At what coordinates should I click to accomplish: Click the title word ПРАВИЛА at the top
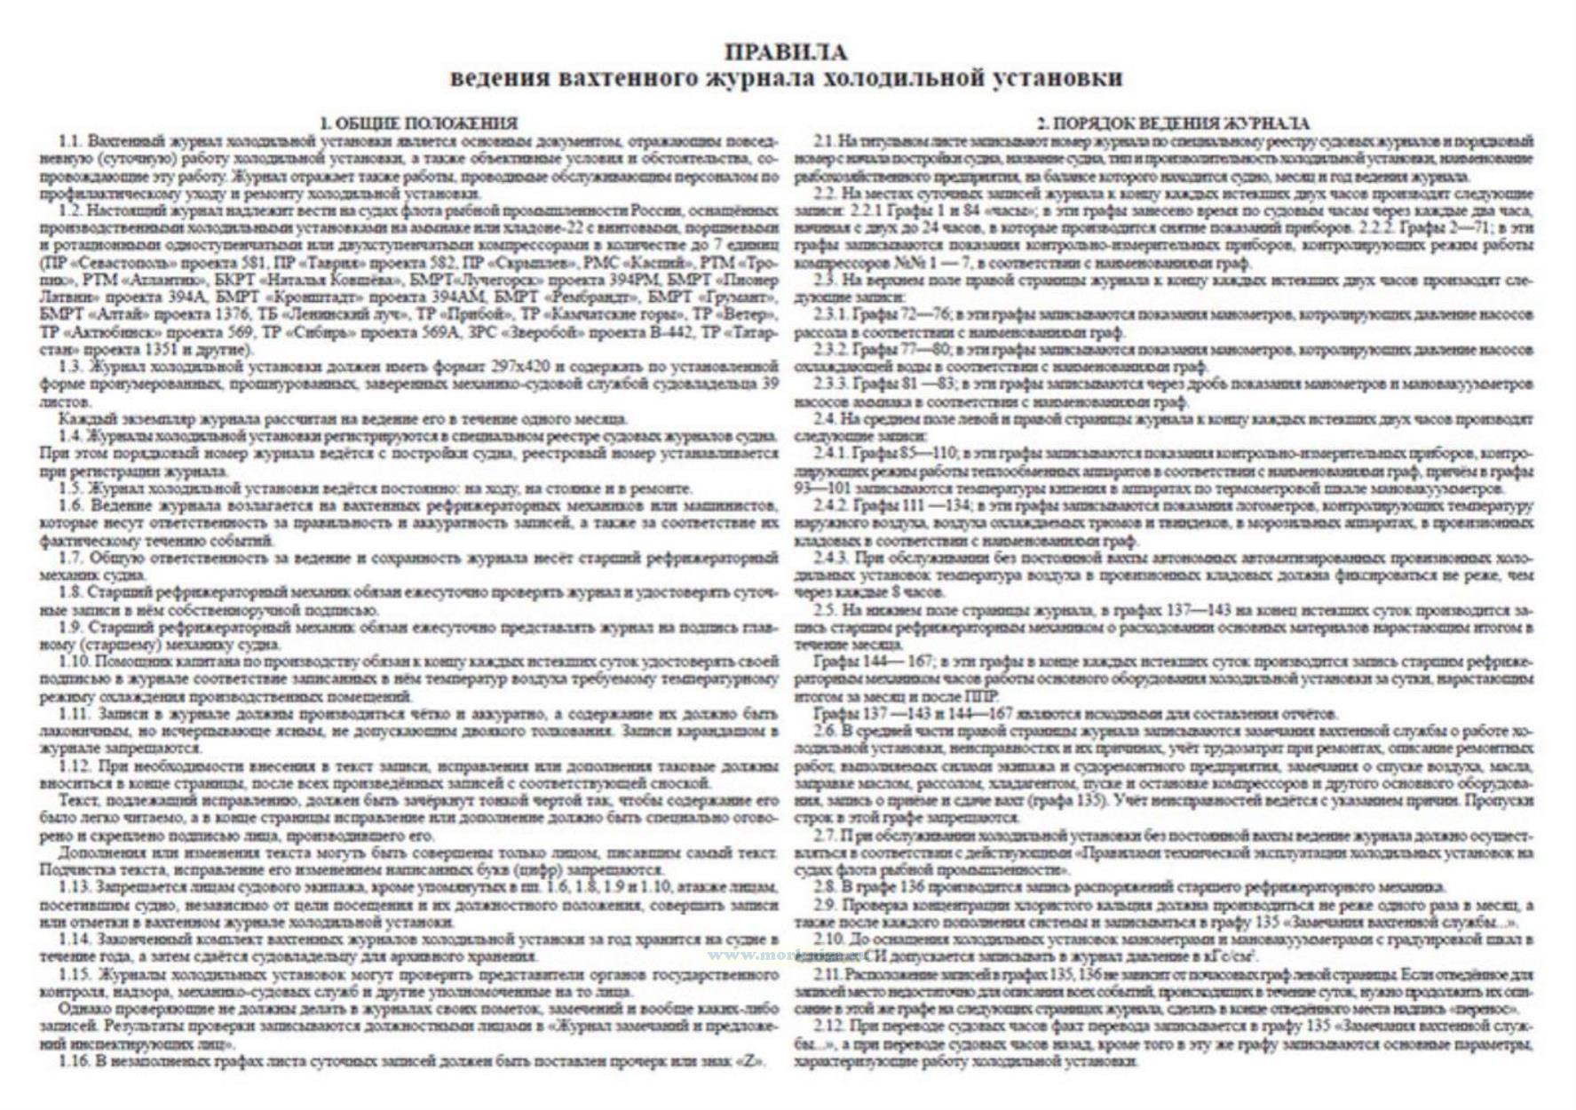tap(787, 53)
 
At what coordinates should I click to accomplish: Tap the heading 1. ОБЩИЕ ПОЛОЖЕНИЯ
tap(418, 123)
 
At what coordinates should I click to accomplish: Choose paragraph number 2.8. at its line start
tap(825, 887)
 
